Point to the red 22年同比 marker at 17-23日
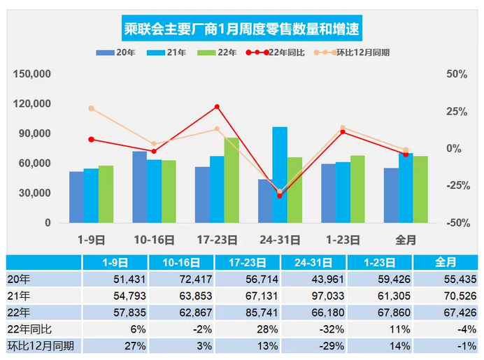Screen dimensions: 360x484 tap(217, 107)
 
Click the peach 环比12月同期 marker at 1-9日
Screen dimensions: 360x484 tap(91, 108)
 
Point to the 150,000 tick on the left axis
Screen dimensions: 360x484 tap(34, 74)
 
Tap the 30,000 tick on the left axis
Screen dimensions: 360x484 tap(36, 193)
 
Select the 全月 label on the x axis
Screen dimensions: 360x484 tap(406, 240)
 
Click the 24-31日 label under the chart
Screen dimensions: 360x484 tap(280, 240)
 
